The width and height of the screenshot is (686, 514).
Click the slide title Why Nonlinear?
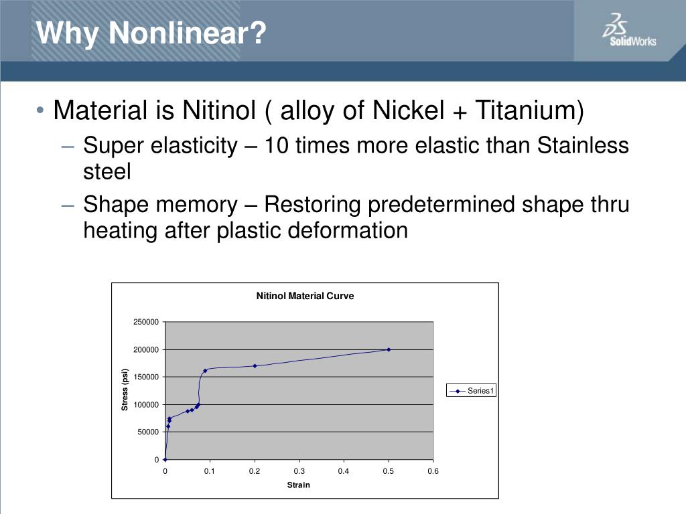[151, 32]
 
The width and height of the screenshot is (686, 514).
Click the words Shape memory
[160, 205]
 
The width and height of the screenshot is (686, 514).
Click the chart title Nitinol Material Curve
[305, 296]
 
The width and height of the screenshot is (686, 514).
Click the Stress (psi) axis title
[125, 390]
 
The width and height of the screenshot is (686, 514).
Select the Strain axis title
[298, 485]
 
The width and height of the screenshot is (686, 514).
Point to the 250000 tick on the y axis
[147, 323]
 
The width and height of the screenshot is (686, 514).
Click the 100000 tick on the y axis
[147, 405]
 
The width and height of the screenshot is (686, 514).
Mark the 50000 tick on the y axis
[149, 432]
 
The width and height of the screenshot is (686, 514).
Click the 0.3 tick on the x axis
[299, 471]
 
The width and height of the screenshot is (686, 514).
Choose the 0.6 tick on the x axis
[433, 471]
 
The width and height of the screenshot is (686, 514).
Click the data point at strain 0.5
[389, 349]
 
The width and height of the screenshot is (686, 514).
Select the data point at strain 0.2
[255, 366]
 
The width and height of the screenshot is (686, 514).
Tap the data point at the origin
[165, 460]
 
